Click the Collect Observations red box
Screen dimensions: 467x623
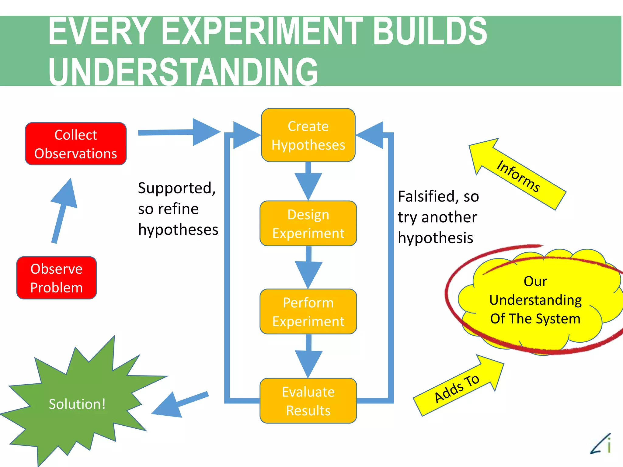click(76, 144)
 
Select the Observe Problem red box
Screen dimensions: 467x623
click(57, 278)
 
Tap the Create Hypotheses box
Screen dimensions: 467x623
click(308, 135)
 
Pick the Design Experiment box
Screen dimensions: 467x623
click(308, 223)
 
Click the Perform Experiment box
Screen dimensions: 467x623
click(308, 312)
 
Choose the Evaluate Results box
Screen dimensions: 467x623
click(308, 401)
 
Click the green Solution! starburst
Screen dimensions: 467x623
click(78, 404)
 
